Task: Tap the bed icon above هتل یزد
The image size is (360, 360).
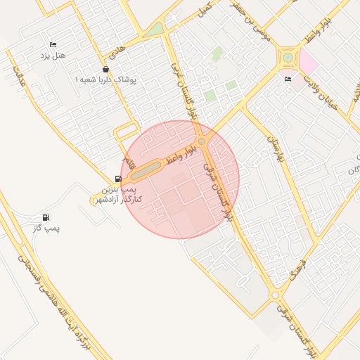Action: point(53,44)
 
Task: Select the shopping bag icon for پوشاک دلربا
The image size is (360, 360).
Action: point(105,69)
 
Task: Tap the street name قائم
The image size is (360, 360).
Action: point(129,161)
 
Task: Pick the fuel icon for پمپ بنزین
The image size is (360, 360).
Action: point(117,179)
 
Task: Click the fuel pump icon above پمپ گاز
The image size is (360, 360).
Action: point(46,217)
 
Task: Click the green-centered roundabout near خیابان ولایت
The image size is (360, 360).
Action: point(288,57)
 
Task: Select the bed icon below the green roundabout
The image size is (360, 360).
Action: point(288,79)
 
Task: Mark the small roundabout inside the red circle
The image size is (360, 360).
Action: point(202,142)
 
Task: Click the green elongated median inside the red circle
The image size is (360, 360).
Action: point(146,169)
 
